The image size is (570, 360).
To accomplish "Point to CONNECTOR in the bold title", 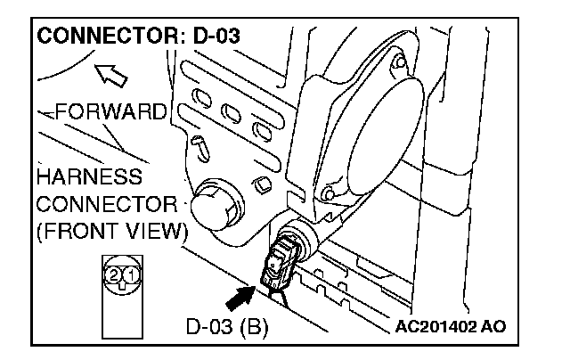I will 101,40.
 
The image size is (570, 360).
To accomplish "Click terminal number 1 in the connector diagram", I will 130,274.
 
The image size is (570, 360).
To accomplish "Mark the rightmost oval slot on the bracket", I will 261,131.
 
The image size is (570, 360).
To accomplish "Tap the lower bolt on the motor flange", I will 330,192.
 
